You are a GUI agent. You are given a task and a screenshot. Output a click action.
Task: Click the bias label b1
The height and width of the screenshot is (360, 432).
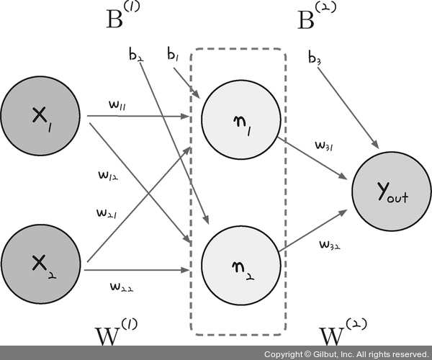point(173,54)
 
